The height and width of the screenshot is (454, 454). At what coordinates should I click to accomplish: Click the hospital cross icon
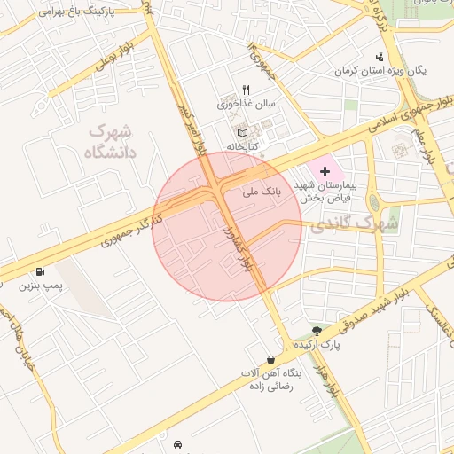323,170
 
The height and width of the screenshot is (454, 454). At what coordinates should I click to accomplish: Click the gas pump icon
40,272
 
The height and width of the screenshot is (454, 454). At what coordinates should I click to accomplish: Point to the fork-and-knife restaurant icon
247,90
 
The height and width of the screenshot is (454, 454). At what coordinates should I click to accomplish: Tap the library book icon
242,132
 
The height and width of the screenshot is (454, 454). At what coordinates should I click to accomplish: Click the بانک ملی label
262,190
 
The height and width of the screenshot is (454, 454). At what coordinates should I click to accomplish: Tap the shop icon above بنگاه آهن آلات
270,359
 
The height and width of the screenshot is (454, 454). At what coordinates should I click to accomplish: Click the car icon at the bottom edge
179,442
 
